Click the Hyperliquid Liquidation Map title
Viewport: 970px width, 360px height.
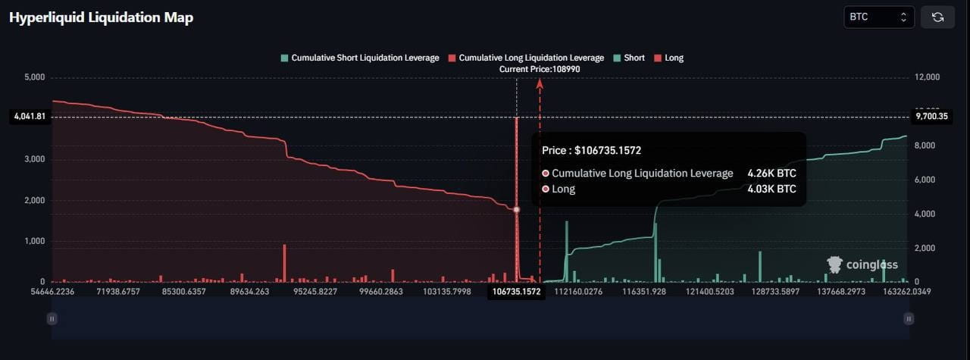101,17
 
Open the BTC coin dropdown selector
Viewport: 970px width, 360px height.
878,17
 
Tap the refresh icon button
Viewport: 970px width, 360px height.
937,17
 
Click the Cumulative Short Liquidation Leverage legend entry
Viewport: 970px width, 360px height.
360,58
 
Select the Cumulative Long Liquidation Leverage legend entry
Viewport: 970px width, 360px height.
526,58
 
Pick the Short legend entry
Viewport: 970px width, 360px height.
629,58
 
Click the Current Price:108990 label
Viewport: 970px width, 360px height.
540,69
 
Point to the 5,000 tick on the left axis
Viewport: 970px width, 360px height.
35,77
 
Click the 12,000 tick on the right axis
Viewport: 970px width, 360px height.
927,77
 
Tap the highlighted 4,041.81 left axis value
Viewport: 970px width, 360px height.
30,116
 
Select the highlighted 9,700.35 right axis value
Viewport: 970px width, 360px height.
932,116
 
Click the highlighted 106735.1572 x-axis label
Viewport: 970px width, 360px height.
516,292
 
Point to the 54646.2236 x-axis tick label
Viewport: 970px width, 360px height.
52,292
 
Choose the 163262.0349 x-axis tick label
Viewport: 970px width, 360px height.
907,292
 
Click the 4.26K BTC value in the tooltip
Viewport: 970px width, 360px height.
771,174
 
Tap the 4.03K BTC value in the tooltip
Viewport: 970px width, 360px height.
771,189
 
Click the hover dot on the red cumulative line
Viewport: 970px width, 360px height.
516,210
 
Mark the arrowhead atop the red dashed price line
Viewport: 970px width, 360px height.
540,83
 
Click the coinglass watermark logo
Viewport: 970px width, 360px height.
862,265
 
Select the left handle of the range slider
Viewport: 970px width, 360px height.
52,319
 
